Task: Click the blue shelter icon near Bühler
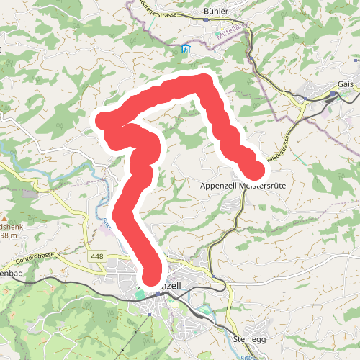(186, 50)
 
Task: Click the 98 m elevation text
(8, 235)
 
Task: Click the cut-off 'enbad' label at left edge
(10, 274)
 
